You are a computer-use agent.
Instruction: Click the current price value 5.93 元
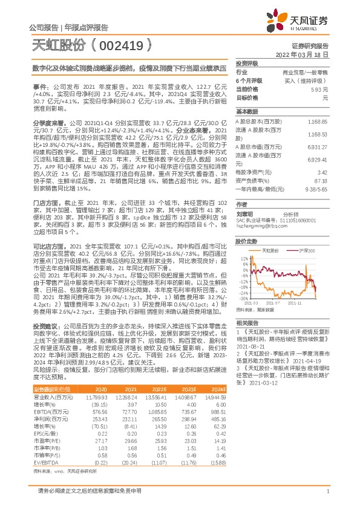click(x=321, y=89)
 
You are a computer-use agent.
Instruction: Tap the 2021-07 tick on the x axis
click(x=275, y=302)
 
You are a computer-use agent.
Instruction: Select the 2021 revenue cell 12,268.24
click(x=126, y=397)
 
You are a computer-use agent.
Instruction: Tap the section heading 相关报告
click(x=247, y=323)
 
